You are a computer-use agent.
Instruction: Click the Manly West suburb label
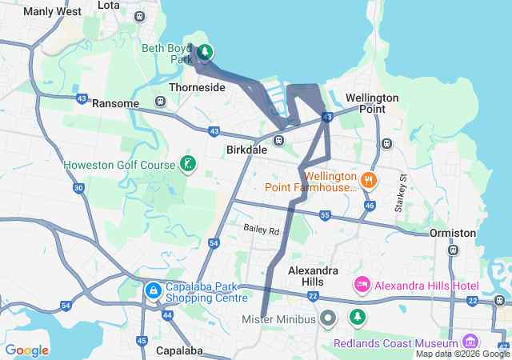(52, 11)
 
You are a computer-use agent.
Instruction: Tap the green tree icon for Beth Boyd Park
(205, 53)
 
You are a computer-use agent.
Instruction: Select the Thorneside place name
(197, 87)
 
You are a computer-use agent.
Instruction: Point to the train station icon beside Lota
(141, 16)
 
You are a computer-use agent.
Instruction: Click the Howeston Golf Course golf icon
(187, 165)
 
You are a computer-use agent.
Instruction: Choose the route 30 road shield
(78, 188)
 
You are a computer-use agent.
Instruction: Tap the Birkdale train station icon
(278, 141)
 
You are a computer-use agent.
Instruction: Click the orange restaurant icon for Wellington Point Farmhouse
(369, 180)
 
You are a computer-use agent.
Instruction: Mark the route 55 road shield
(325, 215)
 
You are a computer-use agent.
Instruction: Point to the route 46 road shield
(369, 206)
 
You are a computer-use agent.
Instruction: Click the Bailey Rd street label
(262, 230)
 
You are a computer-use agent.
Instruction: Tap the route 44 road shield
(167, 316)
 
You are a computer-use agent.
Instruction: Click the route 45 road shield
(142, 341)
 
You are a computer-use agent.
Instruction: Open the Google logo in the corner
(26, 350)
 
